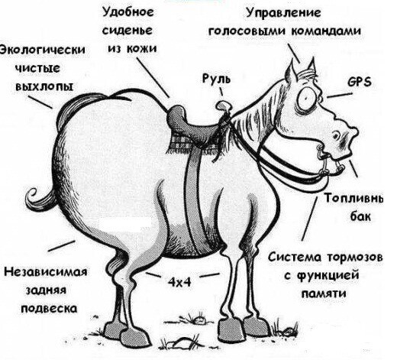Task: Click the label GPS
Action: [360, 82]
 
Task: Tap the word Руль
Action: [216, 78]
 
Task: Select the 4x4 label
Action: [179, 282]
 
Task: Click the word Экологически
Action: [42, 50]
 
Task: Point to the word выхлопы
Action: [44, 86]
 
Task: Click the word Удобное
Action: [128, 12]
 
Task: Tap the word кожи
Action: [141, 48]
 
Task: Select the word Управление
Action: [283, 13]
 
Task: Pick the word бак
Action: [360, 217]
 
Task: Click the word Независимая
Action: [46, 271]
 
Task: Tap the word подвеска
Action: [49, 309]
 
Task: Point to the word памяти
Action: [324, 294]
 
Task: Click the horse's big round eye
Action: [305, 97]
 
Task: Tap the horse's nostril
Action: [337, 135]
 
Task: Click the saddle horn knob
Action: [224, 104]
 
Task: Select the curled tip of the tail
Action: [34, 195]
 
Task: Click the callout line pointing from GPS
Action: [340, 95]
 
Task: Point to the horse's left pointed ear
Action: [291, 73]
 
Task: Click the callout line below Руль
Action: [221, 92]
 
